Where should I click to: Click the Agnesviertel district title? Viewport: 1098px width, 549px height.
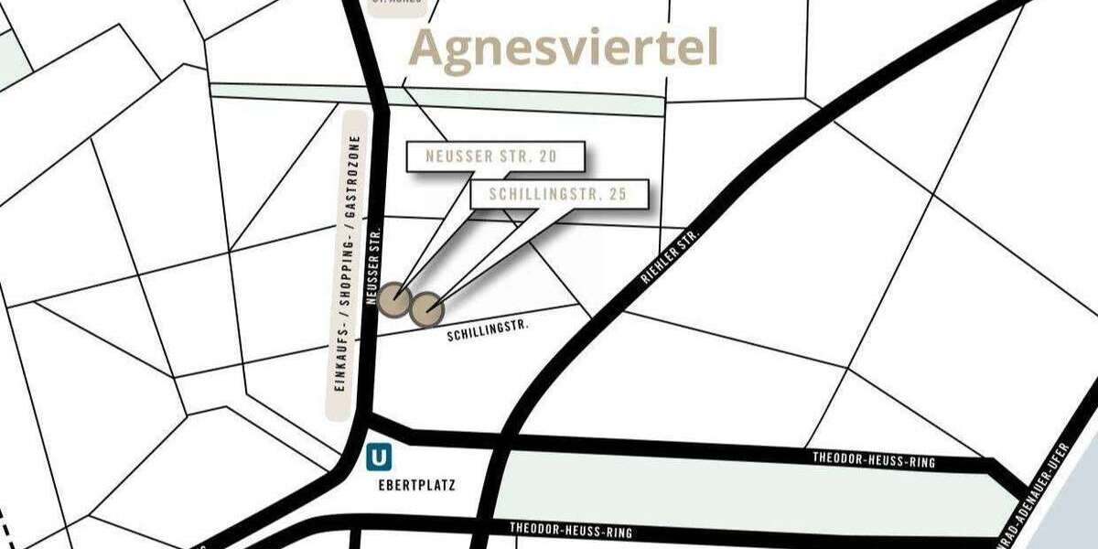[x=563, y=48]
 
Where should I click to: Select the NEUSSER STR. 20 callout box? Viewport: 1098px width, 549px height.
[x=491, y=156]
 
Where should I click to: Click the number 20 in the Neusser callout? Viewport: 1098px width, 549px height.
[x=546, y=156]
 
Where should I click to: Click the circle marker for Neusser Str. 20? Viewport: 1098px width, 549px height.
[x=395, y=297]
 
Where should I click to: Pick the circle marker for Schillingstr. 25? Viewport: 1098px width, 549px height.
[x=425, y=310]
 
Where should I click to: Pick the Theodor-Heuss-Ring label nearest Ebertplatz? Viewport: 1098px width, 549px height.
[x=571, y=530]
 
